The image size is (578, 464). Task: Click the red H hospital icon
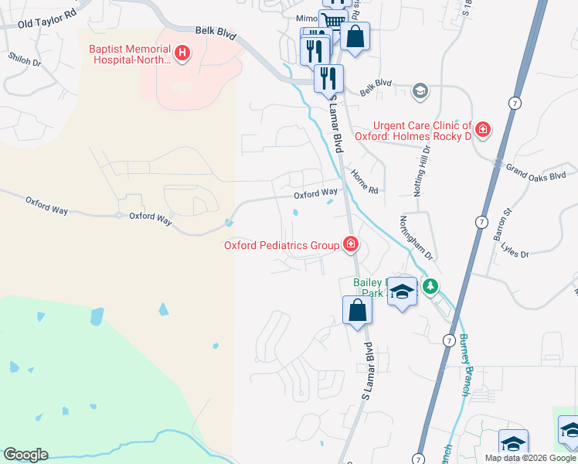182,53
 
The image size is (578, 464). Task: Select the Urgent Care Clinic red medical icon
483,130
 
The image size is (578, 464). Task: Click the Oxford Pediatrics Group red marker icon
351,245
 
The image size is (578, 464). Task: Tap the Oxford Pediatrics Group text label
281,246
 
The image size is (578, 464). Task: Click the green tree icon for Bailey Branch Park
430,287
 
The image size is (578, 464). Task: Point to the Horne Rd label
364,183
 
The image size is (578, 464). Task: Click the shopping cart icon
332,21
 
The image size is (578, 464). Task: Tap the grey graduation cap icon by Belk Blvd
420,91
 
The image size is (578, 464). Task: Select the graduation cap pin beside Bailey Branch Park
402,292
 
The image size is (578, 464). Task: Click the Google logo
25,455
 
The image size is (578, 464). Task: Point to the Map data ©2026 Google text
530,458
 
